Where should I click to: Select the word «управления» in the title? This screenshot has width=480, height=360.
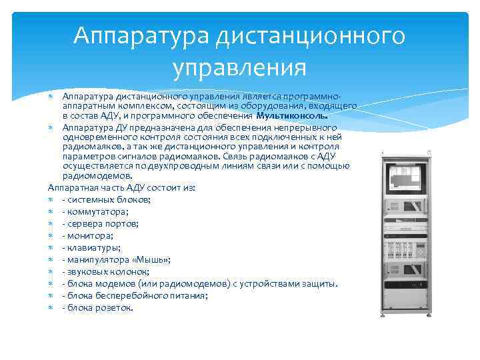point(239,68)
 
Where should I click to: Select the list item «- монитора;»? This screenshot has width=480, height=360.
point(87,235)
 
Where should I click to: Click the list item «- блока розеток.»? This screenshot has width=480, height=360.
point(97,307)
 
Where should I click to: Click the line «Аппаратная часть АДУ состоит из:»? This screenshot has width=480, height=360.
point(122,188)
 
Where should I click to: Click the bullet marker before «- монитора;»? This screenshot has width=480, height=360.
point(52,235)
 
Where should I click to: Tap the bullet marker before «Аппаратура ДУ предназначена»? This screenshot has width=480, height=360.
point(52,127)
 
